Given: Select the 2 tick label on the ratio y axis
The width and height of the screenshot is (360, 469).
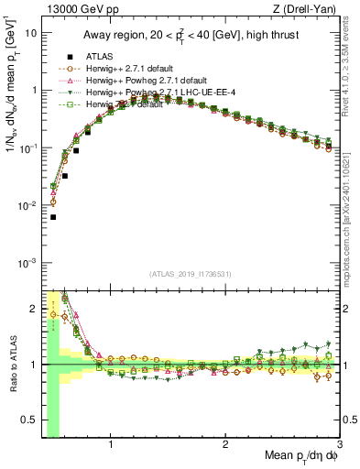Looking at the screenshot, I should tap(32, 307).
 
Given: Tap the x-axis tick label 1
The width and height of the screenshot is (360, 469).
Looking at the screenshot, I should tap(111, 446).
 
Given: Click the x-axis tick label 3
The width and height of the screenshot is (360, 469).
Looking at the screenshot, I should tap(340, 446).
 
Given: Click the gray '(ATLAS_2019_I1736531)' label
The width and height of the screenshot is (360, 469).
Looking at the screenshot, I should tap(191, 274).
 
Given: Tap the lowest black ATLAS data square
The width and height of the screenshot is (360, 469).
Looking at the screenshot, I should tap(53, 217).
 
